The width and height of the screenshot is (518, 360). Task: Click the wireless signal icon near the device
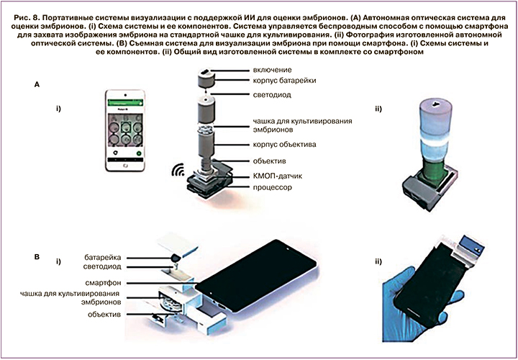pyautogui.click(x=177, y=172)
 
